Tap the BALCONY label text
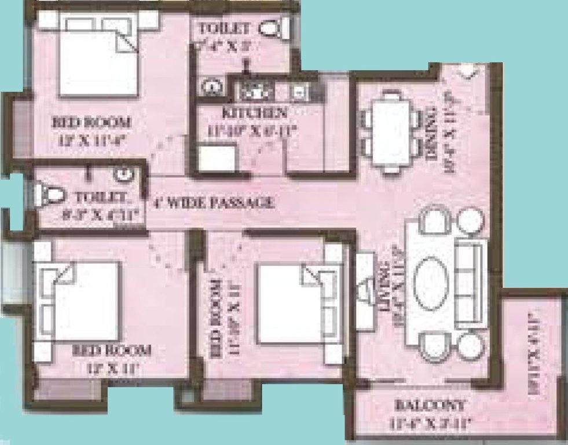click(x=430, y=405)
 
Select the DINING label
click(x=430, y=136)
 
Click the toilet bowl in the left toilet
click(x=44, y=194)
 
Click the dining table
click(x=391, y=130)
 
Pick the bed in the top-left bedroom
click(x=98, y=61)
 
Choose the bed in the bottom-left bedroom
click(x=81, y=301)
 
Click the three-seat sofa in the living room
click(x=470, y=284)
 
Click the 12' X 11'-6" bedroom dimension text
click(x=91, y=139)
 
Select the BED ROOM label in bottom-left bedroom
click(x=112, y=350)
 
